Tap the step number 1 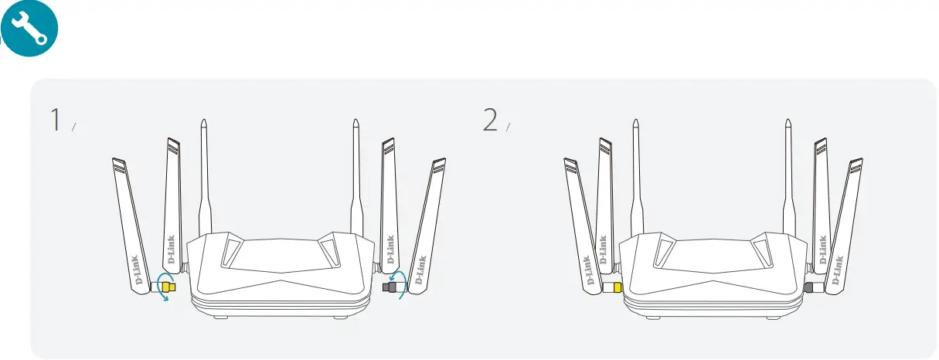click(x=56, y=121)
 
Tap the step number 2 click(x=489, y=121)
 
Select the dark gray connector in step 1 click(x=390, y=287)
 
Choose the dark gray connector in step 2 click(x=809, y=287)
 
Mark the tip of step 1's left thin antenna click(x=202, y=121)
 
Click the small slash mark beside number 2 click(x=509, y=127)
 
